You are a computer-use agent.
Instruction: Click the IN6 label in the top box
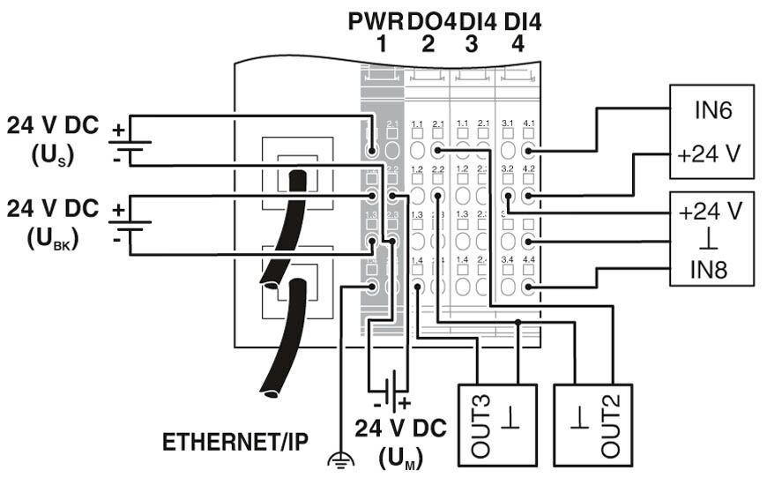pos(711,112)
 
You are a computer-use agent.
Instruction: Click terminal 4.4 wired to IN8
pos(528,286)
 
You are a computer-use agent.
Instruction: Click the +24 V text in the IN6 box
pos(711,153)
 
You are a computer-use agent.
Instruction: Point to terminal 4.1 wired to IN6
pos(528,151)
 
